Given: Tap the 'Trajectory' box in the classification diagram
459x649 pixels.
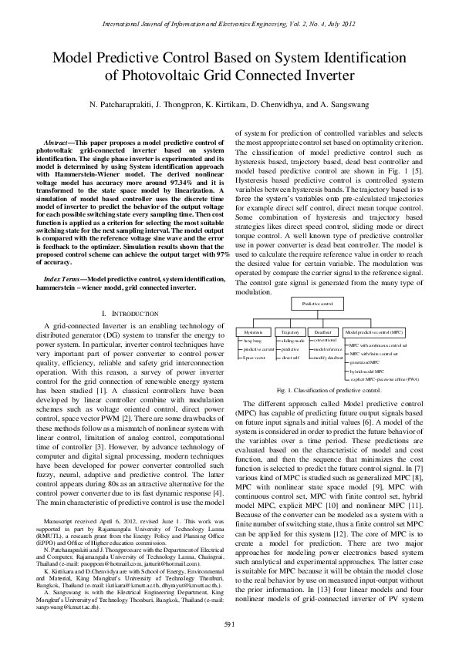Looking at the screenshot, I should (290, 331).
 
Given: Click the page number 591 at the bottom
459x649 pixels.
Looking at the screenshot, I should (229, 624).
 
